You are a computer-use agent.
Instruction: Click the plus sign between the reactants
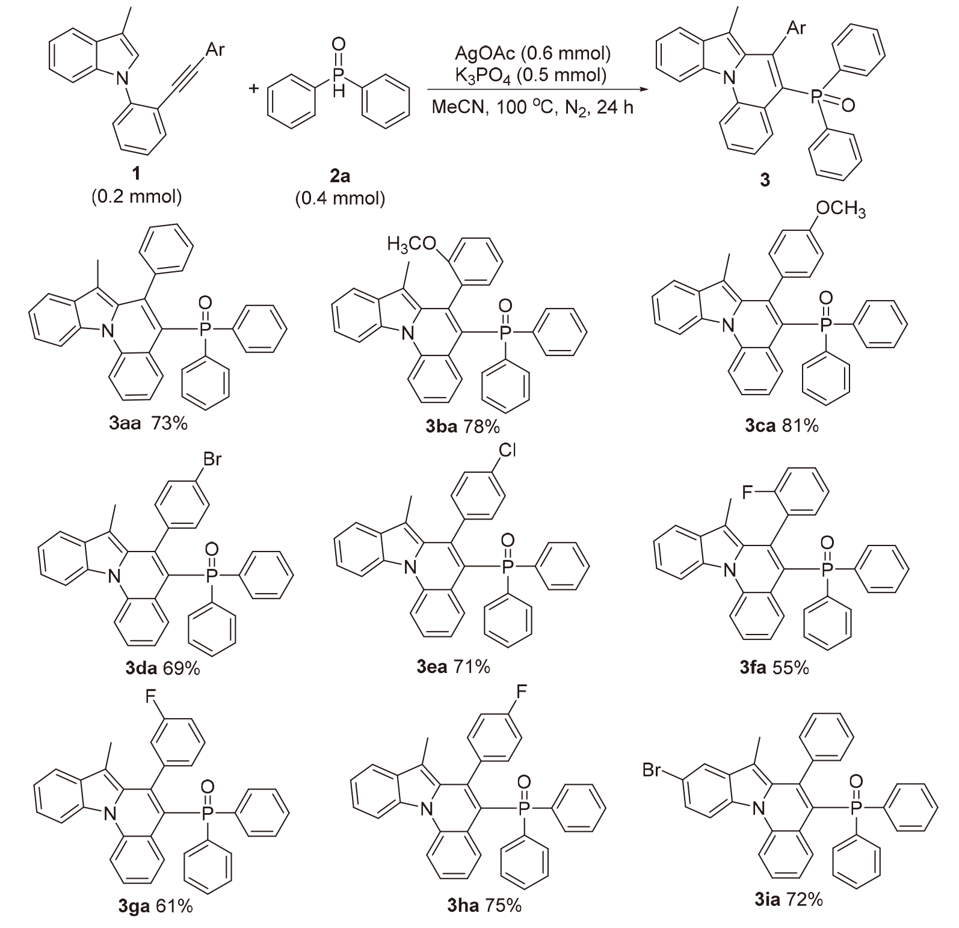254,89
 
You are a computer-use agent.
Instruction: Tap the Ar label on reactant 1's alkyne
215,50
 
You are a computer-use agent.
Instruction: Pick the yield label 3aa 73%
148,423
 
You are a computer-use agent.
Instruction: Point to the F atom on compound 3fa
747,494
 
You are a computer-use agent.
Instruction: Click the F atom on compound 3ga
150,697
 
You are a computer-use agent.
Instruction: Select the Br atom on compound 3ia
653,769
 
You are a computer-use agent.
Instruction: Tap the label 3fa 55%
774,667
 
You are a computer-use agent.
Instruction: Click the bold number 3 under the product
765,180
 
